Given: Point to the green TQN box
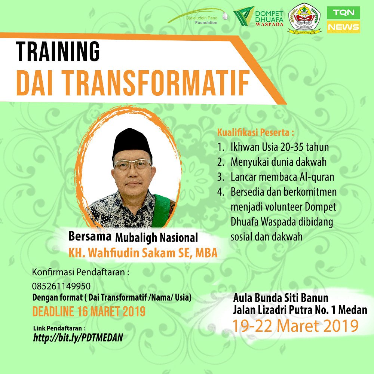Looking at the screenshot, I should (x=343, y=12).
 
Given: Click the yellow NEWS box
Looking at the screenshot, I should (x=343, y=27).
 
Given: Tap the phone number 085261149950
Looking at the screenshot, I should (x=61, y=286).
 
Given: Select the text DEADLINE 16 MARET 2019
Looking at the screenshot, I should (x=89, y=311).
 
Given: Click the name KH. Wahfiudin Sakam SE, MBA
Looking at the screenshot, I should (x=142, y=253).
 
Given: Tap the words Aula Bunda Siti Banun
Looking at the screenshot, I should (x=281, y=298).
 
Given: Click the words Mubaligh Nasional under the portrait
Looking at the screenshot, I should (x=156, y=237).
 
